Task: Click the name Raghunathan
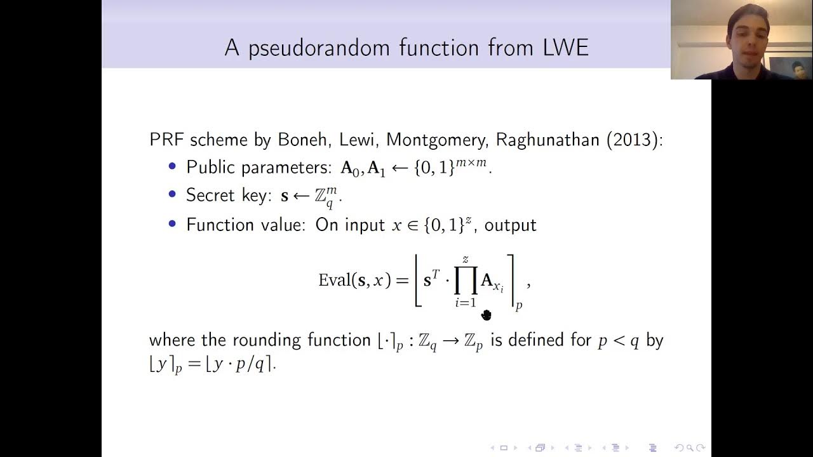pos(548,140)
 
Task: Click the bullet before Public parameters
pos(172,166)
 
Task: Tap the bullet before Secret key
pos(172,194)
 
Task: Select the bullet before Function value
pos(172,224)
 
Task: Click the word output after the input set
pos(511,225)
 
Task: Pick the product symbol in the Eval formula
pos(466,281)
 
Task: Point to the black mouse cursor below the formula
pos(487,315)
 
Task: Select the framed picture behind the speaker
pos(789,67)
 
